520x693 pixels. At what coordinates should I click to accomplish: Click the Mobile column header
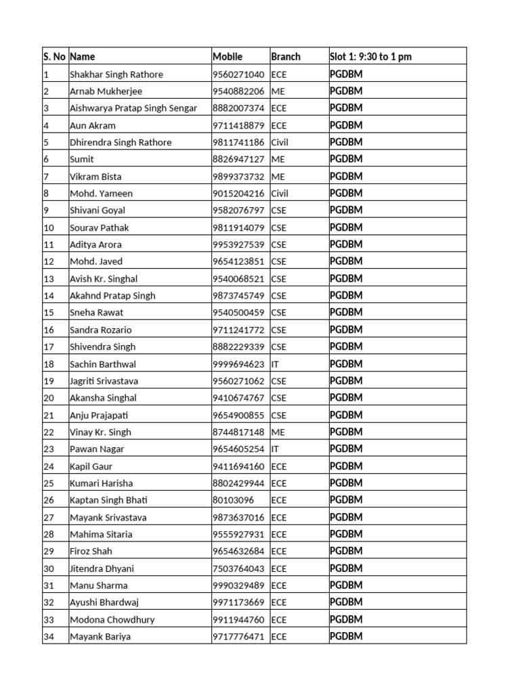click(x=227, y=57)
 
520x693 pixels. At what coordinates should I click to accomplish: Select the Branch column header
click(x=285, y=57)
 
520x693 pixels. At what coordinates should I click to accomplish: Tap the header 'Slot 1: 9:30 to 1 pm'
click(x=370, y=57)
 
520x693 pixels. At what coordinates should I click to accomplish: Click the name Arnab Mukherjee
click(x=106, y=91)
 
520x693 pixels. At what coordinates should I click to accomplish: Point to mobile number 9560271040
click(x=238, y=74)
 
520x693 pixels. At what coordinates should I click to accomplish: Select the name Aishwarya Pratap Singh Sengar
click(x=133, y=108)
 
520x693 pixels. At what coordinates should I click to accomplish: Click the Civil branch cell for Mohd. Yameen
click(x=280, y=194)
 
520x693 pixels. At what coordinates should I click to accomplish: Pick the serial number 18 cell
click(x=49, y=364)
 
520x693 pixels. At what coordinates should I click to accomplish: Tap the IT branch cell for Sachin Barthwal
click(x=275, y=364)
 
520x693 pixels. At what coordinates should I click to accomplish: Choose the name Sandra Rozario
click(x=101, y=330)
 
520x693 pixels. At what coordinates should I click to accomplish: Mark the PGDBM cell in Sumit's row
click(x=346, y=159)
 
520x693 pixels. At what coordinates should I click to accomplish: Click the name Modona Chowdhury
click(x=112, y=619)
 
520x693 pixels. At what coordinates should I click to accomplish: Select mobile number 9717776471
click(x=238, y=636)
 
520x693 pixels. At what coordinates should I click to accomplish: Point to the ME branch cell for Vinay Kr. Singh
click(x=278, y=432)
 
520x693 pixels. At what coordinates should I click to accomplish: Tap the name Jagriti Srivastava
click(x=104, y=381)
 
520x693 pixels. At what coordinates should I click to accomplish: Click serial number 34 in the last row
click(x=49, y=636)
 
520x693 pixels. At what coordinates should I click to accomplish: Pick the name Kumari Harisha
click(x=102, y=483)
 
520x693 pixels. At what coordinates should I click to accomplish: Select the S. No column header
click(x=55, y=57)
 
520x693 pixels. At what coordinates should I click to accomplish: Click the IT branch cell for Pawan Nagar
click(x=275, y=449)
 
